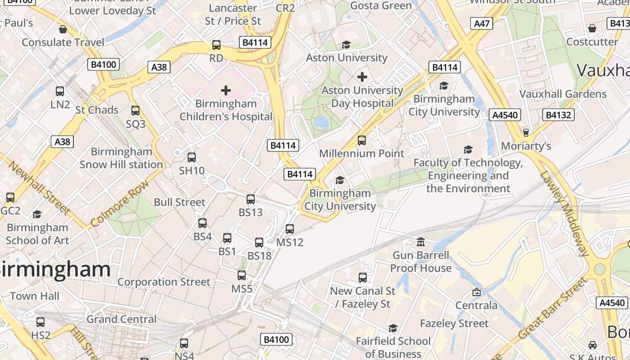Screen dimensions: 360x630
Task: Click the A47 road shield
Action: (x=481, y=23)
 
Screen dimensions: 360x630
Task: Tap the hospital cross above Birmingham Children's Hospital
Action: (x=226, y=90)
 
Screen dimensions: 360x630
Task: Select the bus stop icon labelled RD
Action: (x=216, y=45)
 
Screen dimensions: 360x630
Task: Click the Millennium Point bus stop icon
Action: (x=362, y=140)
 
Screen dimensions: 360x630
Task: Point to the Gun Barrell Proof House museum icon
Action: (x=421, y=242)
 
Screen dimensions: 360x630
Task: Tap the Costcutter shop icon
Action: (x=592, y=29)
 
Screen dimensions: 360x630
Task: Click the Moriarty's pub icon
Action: (x=526, y=133)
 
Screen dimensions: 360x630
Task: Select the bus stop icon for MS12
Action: (x=290, y=229)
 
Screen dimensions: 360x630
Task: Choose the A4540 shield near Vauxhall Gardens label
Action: (x=505, y=115)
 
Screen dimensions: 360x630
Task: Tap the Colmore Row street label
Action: (x=119, y=204)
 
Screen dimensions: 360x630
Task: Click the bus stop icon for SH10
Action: (x=192, y=157)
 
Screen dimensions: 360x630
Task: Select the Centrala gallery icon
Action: (x=477, y=292)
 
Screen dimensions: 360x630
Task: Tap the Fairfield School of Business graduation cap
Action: (x=393, y=328)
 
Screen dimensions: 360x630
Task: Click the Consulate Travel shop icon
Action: (x=63, y=29)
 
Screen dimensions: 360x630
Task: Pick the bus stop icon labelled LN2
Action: (x=60, y=91)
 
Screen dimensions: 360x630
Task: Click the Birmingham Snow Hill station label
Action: (x=121, y=158)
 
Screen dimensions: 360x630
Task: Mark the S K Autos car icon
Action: (x=593, y=345)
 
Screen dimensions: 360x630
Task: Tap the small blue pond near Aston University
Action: (x=321, y=121)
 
